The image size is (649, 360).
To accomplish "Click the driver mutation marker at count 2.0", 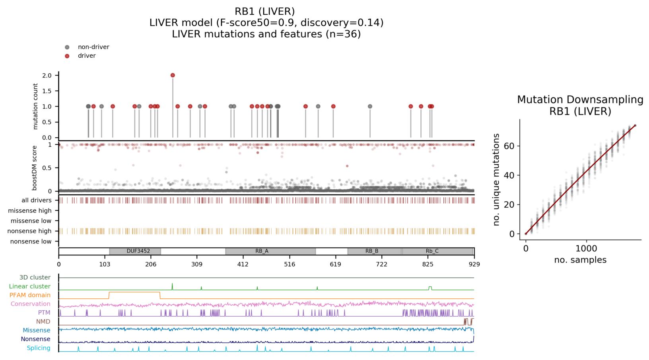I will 173,75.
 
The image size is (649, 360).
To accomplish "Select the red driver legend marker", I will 67,56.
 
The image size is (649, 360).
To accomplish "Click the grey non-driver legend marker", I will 67,47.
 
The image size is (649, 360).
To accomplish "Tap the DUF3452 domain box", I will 135,251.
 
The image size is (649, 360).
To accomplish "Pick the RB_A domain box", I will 270,251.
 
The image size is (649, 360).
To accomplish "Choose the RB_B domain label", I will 372,251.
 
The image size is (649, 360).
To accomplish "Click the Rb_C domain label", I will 432,251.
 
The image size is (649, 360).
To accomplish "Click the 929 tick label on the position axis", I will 474,264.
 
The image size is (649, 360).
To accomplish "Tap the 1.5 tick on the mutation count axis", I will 47,91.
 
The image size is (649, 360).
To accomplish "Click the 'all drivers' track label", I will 37,200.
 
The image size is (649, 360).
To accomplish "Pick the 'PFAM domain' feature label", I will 30,295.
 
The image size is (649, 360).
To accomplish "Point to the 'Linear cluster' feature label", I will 30,286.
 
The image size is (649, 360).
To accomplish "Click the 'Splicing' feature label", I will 39,348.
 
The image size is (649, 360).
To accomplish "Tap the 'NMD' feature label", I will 43,321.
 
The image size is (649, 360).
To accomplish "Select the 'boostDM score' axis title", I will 35,168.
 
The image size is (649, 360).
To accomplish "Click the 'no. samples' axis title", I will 580,260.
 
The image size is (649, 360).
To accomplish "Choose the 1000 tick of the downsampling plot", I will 586,249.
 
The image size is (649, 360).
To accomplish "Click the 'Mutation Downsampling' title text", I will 580,100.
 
